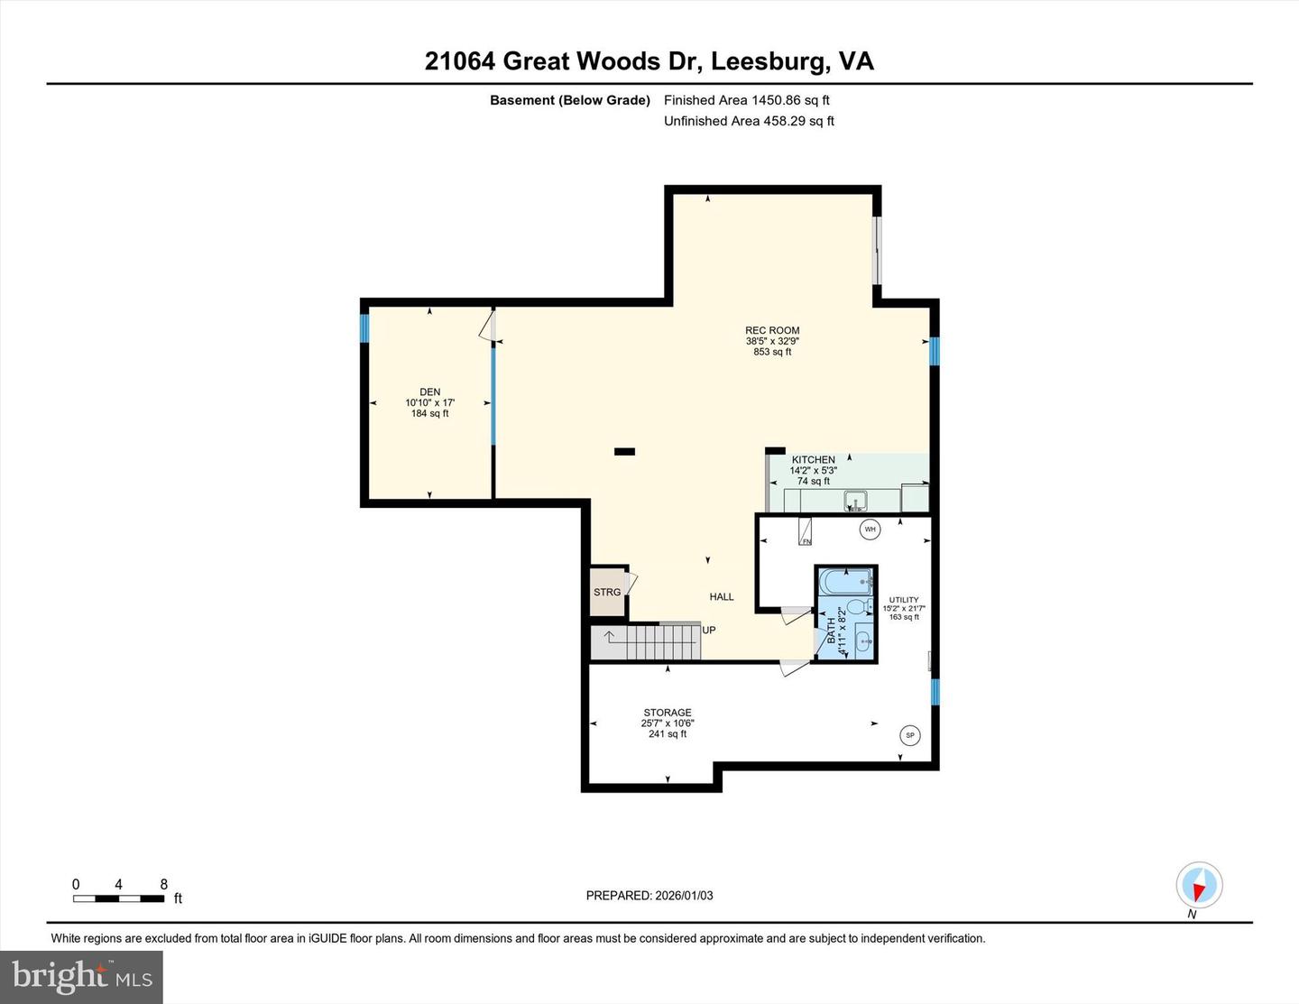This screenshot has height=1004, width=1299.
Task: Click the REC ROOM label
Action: coord(772,330)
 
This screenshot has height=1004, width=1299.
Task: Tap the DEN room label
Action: coord(429,392)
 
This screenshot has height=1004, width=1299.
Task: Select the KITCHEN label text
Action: coord(813,460)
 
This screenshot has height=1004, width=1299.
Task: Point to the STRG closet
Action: coord(608,593)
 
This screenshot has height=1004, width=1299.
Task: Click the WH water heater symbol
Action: coord(870,530)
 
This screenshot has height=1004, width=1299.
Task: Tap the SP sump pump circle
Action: coord(909,736)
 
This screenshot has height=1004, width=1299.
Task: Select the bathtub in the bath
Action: coord(845,582)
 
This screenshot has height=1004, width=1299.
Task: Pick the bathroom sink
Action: coord(862,641)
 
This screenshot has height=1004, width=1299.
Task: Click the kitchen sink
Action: coord(854,500)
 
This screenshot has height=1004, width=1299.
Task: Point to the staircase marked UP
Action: coord(645,642)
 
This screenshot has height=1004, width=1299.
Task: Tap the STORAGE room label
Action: coord(668,713)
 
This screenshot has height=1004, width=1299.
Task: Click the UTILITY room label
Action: coord(904,600)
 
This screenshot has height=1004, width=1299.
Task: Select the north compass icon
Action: coord(1199,886)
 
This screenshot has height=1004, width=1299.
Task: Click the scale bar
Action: coord(119,898)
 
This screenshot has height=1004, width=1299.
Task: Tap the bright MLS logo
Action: coord(82,977)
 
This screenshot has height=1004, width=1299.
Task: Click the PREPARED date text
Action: coord(649,896)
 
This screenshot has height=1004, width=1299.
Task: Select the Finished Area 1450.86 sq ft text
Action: coord(747,100)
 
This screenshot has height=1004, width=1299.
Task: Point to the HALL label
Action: coord(722,596)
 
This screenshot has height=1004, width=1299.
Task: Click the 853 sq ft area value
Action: coord(772,352)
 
